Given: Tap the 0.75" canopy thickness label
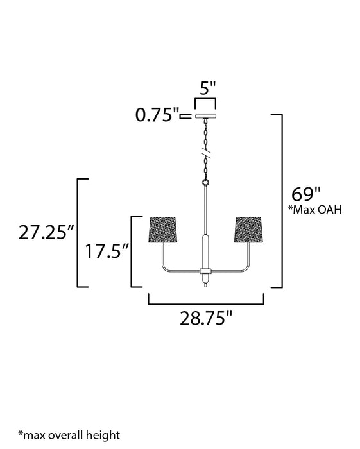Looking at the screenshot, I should tap(157, 116).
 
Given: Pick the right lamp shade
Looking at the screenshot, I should tap(250, 230).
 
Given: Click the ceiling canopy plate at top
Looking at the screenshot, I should tap(206, 117).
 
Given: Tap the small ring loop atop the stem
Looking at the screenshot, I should tap(206, 183).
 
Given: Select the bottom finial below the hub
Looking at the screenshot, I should tap(206, 284).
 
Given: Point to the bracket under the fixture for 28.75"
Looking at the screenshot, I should tap(206, 302).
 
